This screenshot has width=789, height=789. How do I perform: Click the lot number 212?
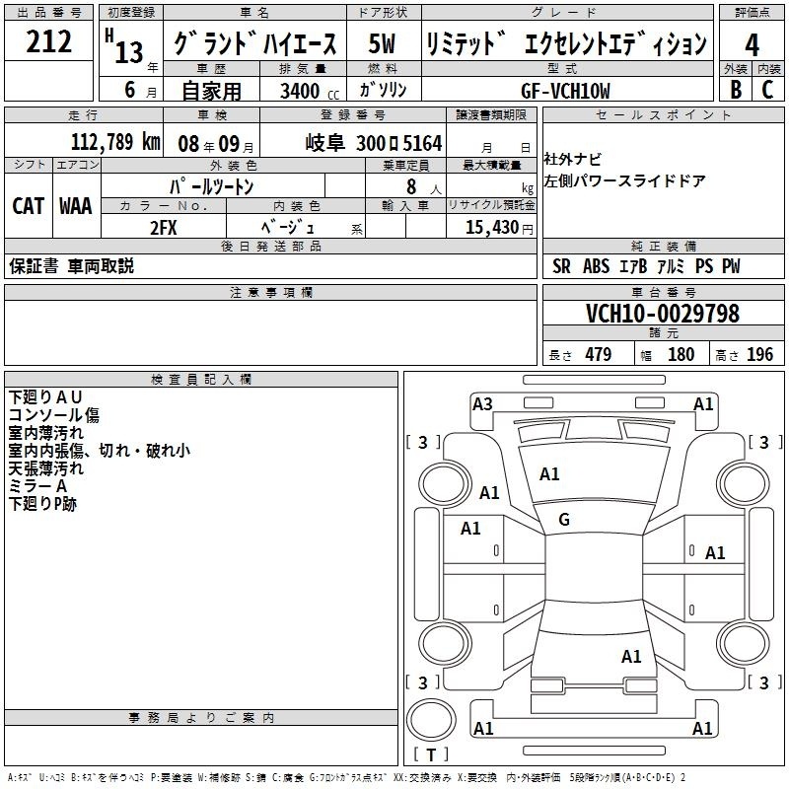[x=48, y=41]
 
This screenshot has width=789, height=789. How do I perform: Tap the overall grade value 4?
[x=752, y=45]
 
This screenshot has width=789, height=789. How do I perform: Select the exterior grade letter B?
[x=736, y=90]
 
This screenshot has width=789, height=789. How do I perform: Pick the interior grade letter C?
[x=767, y=90]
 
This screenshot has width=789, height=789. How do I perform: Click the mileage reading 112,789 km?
[x=115, y=142]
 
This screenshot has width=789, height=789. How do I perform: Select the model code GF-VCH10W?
[x=565, y=91]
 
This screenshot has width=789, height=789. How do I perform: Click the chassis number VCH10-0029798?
[x=663, y=314]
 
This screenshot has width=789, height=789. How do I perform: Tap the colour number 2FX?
[x=164, y=228]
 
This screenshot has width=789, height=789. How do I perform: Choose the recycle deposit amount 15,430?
[x=492, y=227]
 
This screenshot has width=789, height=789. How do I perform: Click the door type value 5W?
[x=382, y=43]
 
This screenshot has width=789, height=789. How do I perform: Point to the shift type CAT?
[x=28, y=206]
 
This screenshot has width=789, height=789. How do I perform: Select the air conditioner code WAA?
[x=76, y=206]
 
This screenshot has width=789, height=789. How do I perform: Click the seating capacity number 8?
[x=411, y=186]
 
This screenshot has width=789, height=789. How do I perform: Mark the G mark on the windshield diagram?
[x=564, y=520]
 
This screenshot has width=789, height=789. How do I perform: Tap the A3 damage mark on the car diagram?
[x=482, y=404]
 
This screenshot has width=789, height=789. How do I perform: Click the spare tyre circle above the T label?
[x=431, y=720]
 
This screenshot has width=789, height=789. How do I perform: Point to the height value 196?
[x=759, y=354]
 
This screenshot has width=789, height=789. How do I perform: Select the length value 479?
[x=599, y=354]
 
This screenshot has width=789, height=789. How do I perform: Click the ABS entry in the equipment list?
[x=597, y=266]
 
